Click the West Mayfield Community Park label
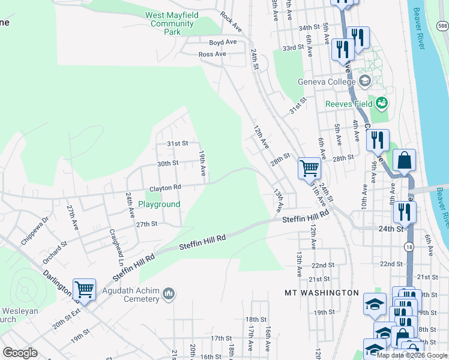172,23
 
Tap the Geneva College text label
327,82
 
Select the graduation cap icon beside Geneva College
364,81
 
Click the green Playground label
159,205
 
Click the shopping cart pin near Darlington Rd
85,289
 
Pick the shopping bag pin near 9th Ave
405,160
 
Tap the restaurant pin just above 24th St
405,211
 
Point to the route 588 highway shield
442,26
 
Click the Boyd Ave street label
223,43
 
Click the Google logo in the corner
20,353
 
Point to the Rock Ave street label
231,22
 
